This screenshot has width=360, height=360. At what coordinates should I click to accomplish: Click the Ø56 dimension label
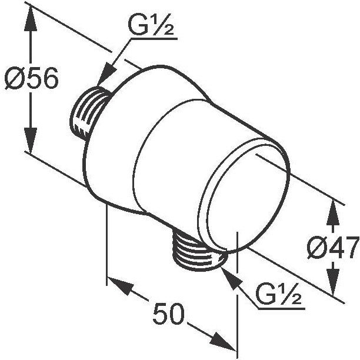tap(32, 78)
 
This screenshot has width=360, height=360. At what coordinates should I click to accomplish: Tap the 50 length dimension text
tap(168, 314)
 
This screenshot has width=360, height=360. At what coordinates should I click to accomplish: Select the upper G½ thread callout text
tap(151, 25)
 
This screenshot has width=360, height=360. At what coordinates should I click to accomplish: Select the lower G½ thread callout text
tap(278, 294)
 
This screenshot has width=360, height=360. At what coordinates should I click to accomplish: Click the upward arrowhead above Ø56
tap(31, 18)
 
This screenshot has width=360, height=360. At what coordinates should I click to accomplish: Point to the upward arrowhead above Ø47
tap(333, 212)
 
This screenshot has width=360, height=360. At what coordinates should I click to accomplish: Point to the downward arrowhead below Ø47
tap(333, 282)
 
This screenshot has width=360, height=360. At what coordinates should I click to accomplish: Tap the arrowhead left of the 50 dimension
tap(121, 286)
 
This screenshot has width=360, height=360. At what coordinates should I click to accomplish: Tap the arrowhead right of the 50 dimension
tap(223, 341)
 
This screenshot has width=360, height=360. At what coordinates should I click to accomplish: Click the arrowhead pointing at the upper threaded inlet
tap(106, 74)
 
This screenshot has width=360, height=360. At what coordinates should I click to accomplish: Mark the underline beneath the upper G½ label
tap(154, 39)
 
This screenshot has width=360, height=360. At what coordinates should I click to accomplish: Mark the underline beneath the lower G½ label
tap(282, 308)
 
